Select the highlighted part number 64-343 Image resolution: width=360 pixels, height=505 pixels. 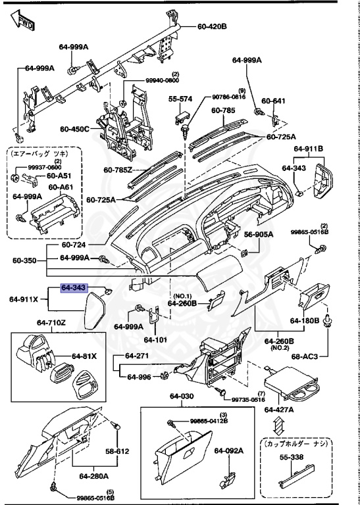(74, 288)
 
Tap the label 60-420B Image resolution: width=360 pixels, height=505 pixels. (212, 26)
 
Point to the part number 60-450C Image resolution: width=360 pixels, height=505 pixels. (74, 129)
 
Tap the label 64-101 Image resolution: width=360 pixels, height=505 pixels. (157, 340)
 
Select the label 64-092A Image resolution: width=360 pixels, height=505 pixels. (228, 451)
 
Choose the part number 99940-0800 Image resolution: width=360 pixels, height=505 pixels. (162, 80)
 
